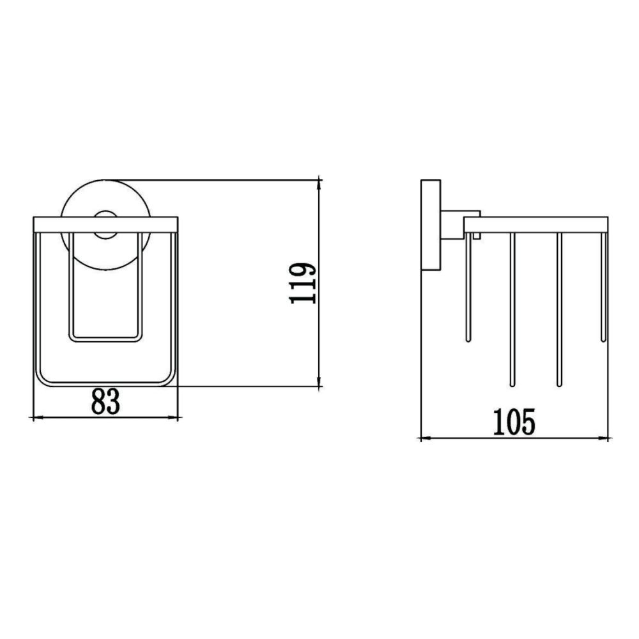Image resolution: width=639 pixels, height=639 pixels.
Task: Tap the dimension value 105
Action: click(514, 422)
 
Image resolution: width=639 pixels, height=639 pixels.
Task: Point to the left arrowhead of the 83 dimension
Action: click(35, 418)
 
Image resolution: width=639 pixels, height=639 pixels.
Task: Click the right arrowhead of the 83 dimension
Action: click(173, 418)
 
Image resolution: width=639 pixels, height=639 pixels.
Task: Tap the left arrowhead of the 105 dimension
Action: click(422, 438)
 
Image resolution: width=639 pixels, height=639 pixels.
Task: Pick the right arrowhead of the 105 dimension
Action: click(605, 438)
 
